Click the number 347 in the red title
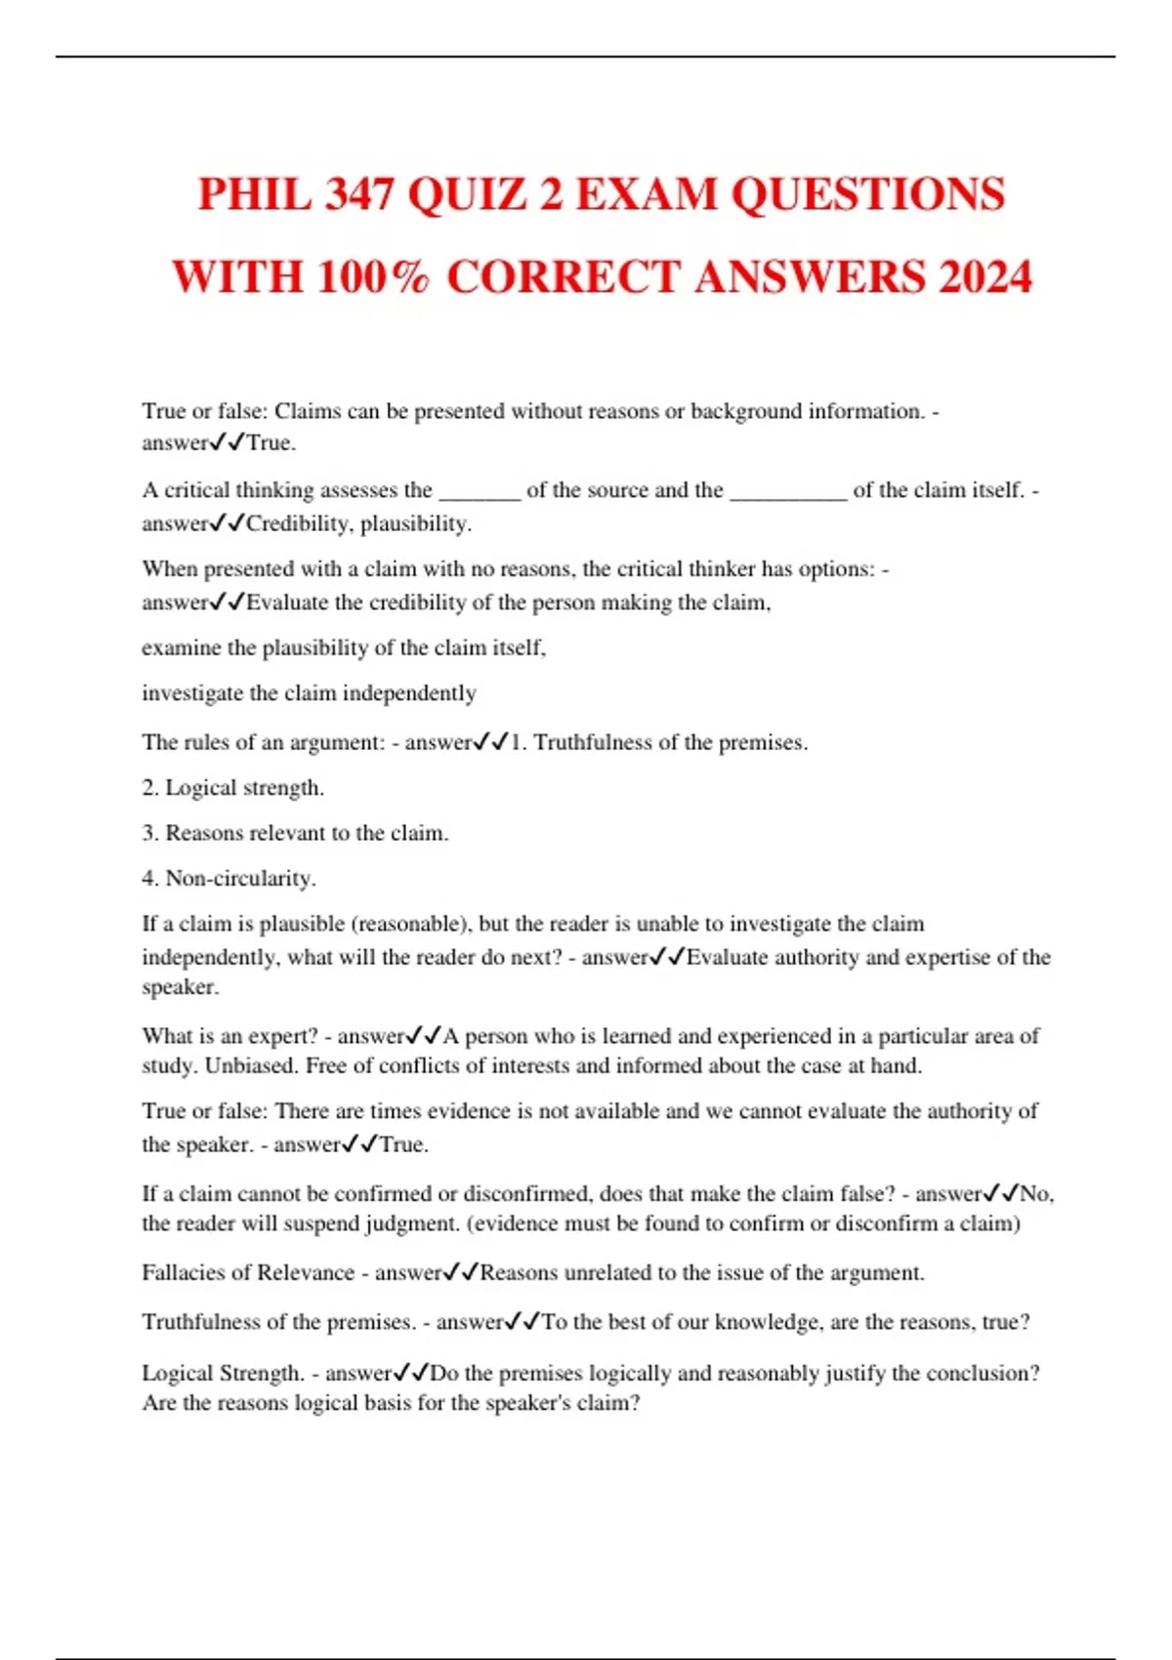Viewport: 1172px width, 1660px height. point(358,194)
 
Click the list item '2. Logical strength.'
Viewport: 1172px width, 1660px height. point(232,787)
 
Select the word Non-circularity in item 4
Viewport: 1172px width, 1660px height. point(240,878)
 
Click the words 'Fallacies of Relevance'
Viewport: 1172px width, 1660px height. point(248,1272)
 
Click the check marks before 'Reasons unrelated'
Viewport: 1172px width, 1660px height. point(462,1272)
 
